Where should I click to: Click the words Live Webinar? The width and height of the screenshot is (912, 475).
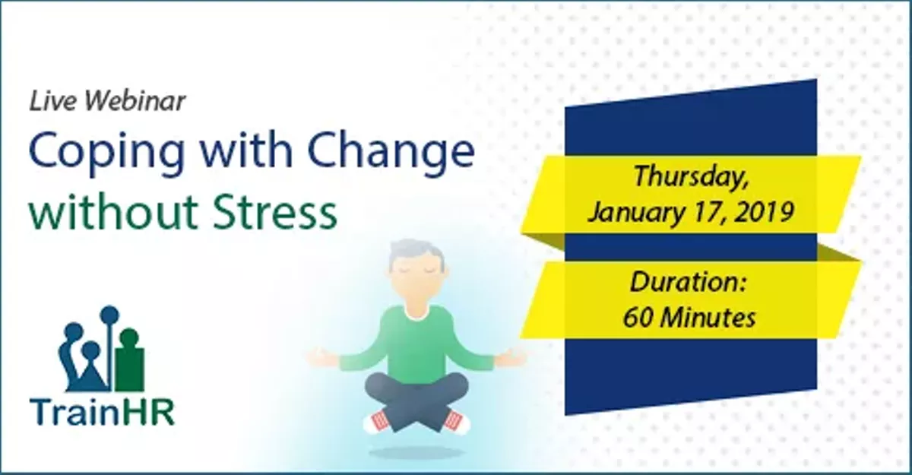pyautogui.click(x=107, y=102)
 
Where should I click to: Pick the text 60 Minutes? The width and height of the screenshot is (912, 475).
pyautogui.click(x=689, y=317)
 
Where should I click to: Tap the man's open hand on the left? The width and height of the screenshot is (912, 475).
pyautogui.click(x=322, y=355)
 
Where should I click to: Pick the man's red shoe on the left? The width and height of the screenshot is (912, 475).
pyautogui.click(x=378, y=420)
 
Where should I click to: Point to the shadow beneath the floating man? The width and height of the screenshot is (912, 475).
pyautogui.click(x=416, y=453)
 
